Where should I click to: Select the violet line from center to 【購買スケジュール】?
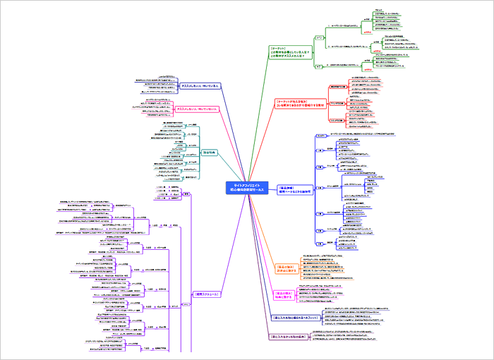(212, 240)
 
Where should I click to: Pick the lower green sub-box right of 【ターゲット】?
(318, 66)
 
